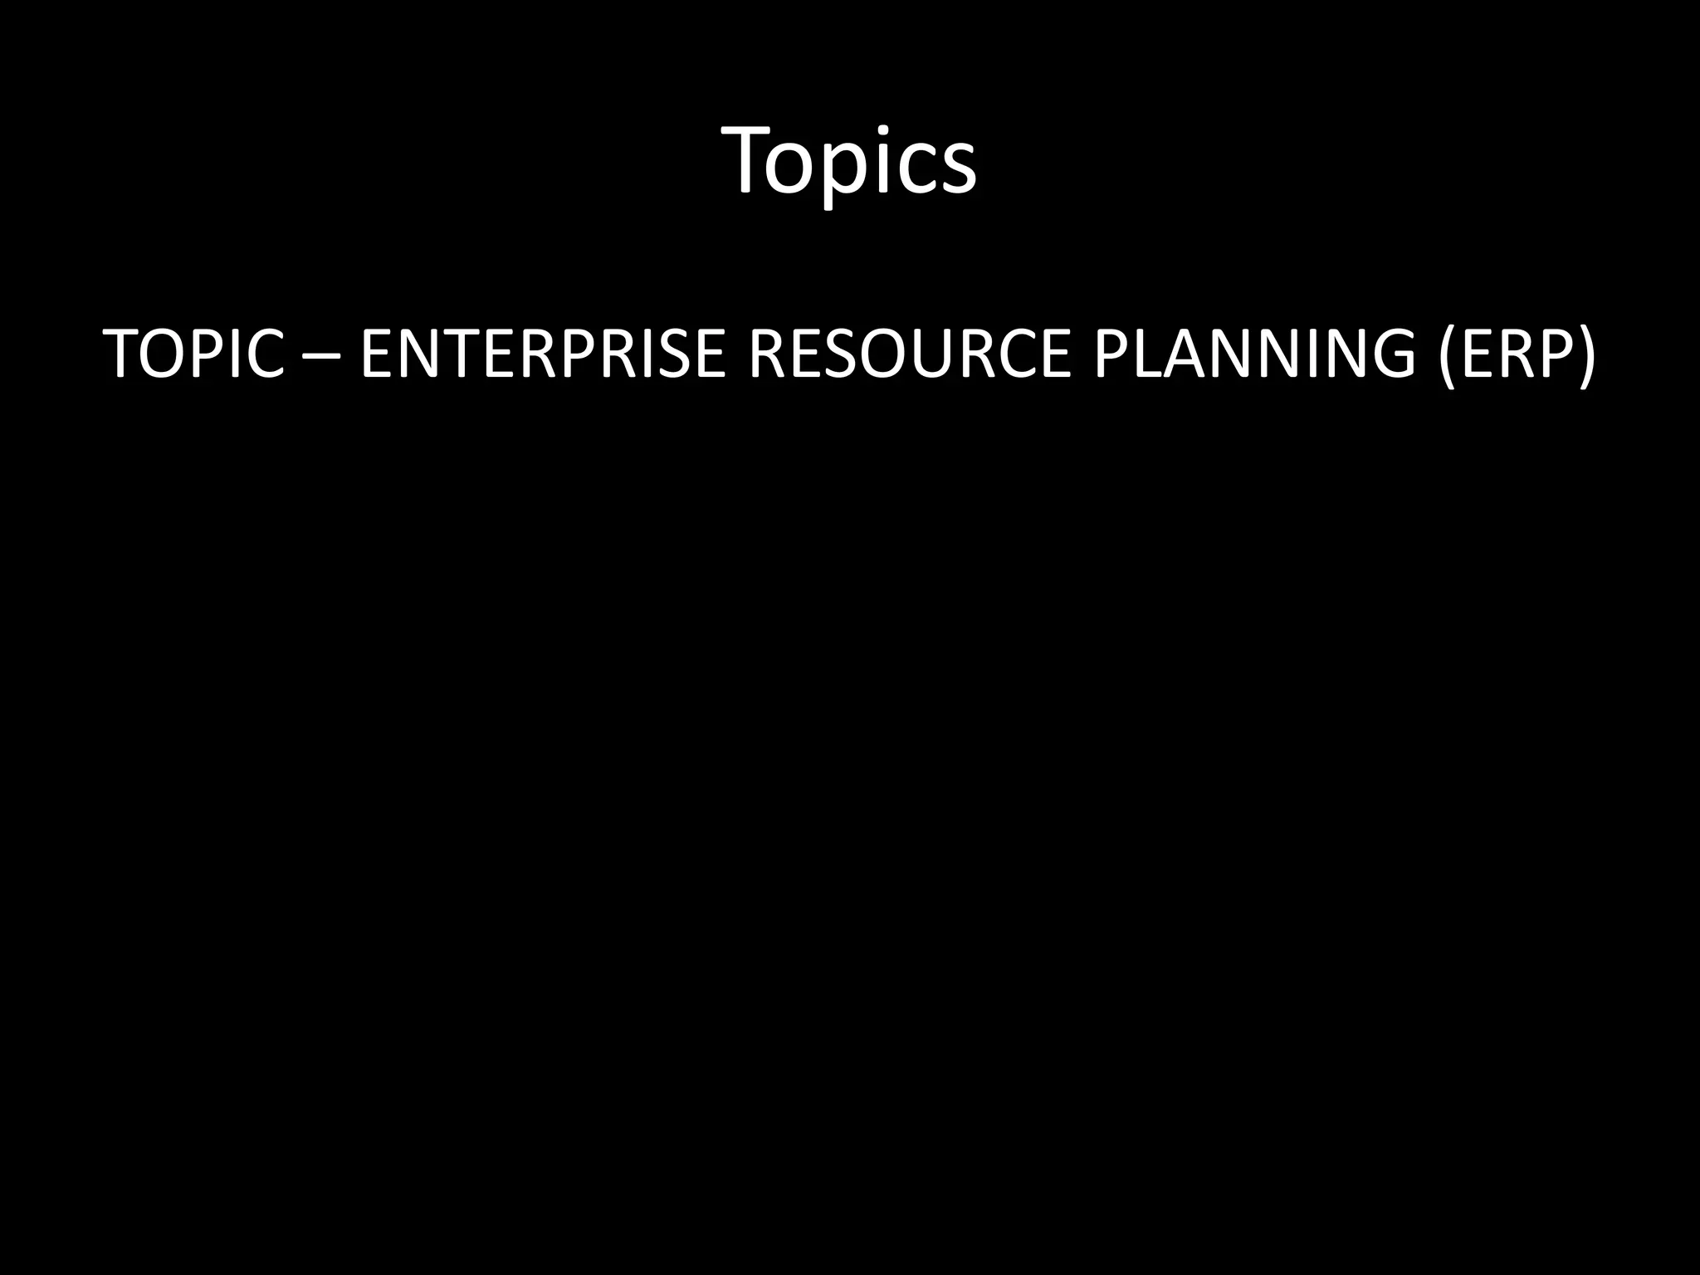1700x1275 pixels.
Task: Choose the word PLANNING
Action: pyautogui.click(x=1254, y=354)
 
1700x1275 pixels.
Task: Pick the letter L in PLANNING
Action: pyautogui.click(x=1144, y=354)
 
